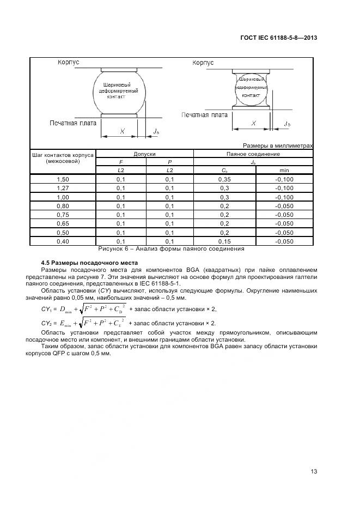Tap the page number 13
coord(313,472)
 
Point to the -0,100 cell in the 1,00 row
coord(284,197)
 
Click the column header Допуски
coord(144,154)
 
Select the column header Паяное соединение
coord(253,154)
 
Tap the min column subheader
coord(284,171)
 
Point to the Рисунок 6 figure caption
coord(170,249)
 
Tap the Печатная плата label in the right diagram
coord(204,115)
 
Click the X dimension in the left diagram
coord(122,131)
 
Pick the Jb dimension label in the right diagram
coord(287,124)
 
